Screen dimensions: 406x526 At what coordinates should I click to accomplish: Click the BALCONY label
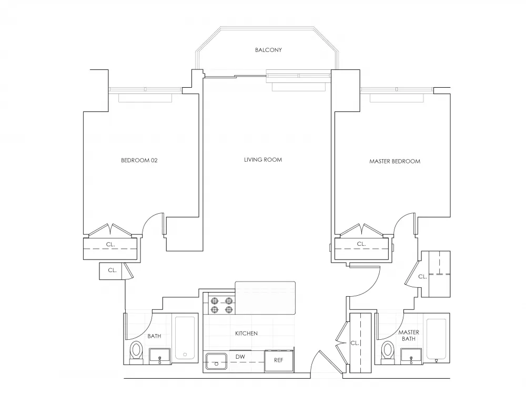(x=268, y=50)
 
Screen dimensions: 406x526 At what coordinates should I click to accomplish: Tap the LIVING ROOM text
(x=262, y=160)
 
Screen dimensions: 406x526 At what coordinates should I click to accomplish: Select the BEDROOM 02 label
(x=139, y=160)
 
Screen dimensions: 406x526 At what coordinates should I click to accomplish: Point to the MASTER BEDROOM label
(x=394, y=161)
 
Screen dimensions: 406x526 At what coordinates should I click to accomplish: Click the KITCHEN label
(x=246, y=333)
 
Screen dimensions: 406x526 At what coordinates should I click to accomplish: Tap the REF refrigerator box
(x=278, y=360)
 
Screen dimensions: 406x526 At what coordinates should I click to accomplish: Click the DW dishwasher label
(x=240, y=357)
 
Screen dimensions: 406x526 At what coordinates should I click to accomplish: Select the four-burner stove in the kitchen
(x=221, y=305)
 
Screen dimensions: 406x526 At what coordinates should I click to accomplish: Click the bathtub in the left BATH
(x=184, y=338)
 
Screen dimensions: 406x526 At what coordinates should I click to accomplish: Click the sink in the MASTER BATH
(x=410, y=356)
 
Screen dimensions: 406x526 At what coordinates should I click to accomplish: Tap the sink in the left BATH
(x=159, y=356)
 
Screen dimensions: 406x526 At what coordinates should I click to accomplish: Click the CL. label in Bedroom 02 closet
(x=110, y=244)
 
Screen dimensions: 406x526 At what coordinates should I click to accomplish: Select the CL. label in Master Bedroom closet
(x=361, y=244)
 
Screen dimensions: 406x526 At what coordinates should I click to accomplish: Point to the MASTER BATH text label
(x=408, y=335)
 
